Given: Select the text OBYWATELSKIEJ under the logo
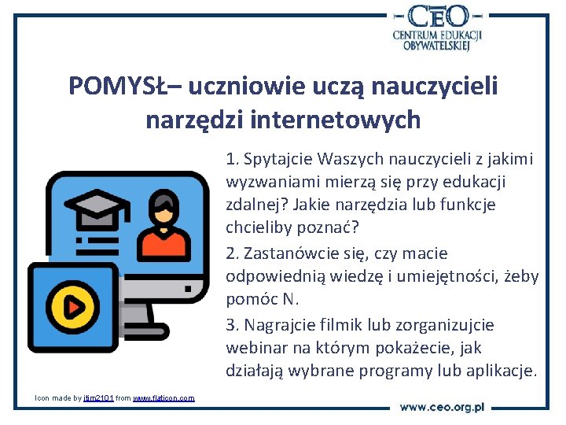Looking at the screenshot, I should [x=437, y=46].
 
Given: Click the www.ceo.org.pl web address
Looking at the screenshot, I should [x=442, y=407].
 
